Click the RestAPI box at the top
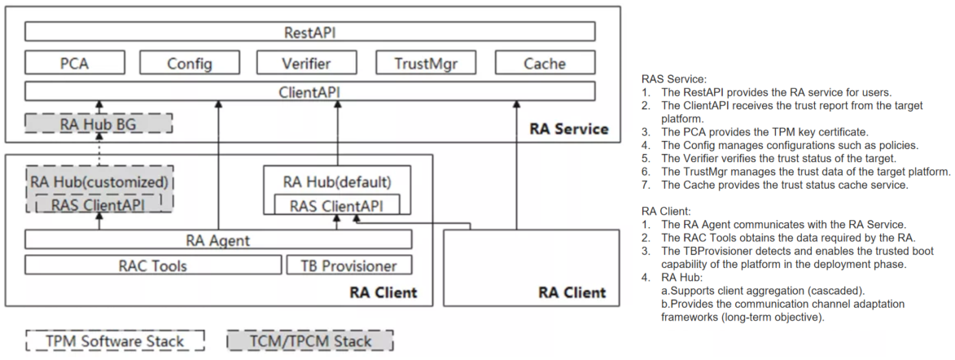(x=309, y=33)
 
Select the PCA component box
(x=74, y=63)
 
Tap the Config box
(x=190, y=63)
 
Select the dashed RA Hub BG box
(x=99, y=124)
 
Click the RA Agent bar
(x=218, y=239)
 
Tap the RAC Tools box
(x=152, y=266)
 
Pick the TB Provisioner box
(x=348, y=266)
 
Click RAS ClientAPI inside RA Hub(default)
(x=337, y=205)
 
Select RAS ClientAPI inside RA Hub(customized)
(x=98, y=205)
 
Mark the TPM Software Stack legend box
(x=114, y=341)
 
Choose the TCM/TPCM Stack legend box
(x=309, y=341)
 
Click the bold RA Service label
(x=568, y=129)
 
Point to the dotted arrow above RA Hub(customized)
(x=99, y=149)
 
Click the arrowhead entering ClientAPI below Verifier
(x=337, y=105)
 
